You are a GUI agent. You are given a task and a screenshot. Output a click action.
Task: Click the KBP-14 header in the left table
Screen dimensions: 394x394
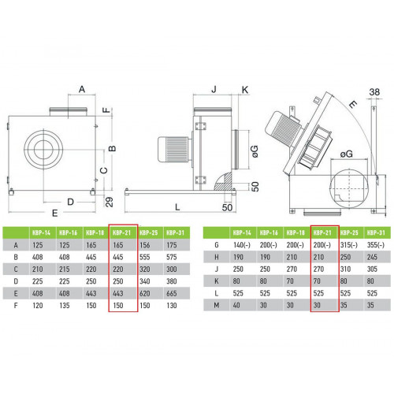[x=41, y=232]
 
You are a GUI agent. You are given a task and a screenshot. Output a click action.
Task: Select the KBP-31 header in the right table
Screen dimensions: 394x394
[x=376, y=232]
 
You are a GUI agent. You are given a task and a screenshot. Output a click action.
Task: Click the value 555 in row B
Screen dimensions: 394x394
[x=145, y=257]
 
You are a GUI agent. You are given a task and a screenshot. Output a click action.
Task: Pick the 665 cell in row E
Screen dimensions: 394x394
[x=172, y=293]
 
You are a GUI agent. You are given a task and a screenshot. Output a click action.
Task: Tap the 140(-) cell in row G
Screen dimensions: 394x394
[x=242, y=245]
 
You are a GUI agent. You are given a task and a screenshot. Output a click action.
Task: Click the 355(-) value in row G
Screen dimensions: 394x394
[x=376, y=245]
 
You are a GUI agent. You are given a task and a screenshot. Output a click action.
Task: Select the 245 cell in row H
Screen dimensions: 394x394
[x=372, y=257]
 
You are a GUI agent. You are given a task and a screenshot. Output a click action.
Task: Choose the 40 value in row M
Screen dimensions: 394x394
[x=236, y=305]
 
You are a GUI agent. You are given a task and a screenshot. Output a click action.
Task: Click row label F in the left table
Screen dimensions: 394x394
[x=16, y=306]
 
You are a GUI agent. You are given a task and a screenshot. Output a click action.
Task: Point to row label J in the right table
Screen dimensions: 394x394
[x=217, y=269]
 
